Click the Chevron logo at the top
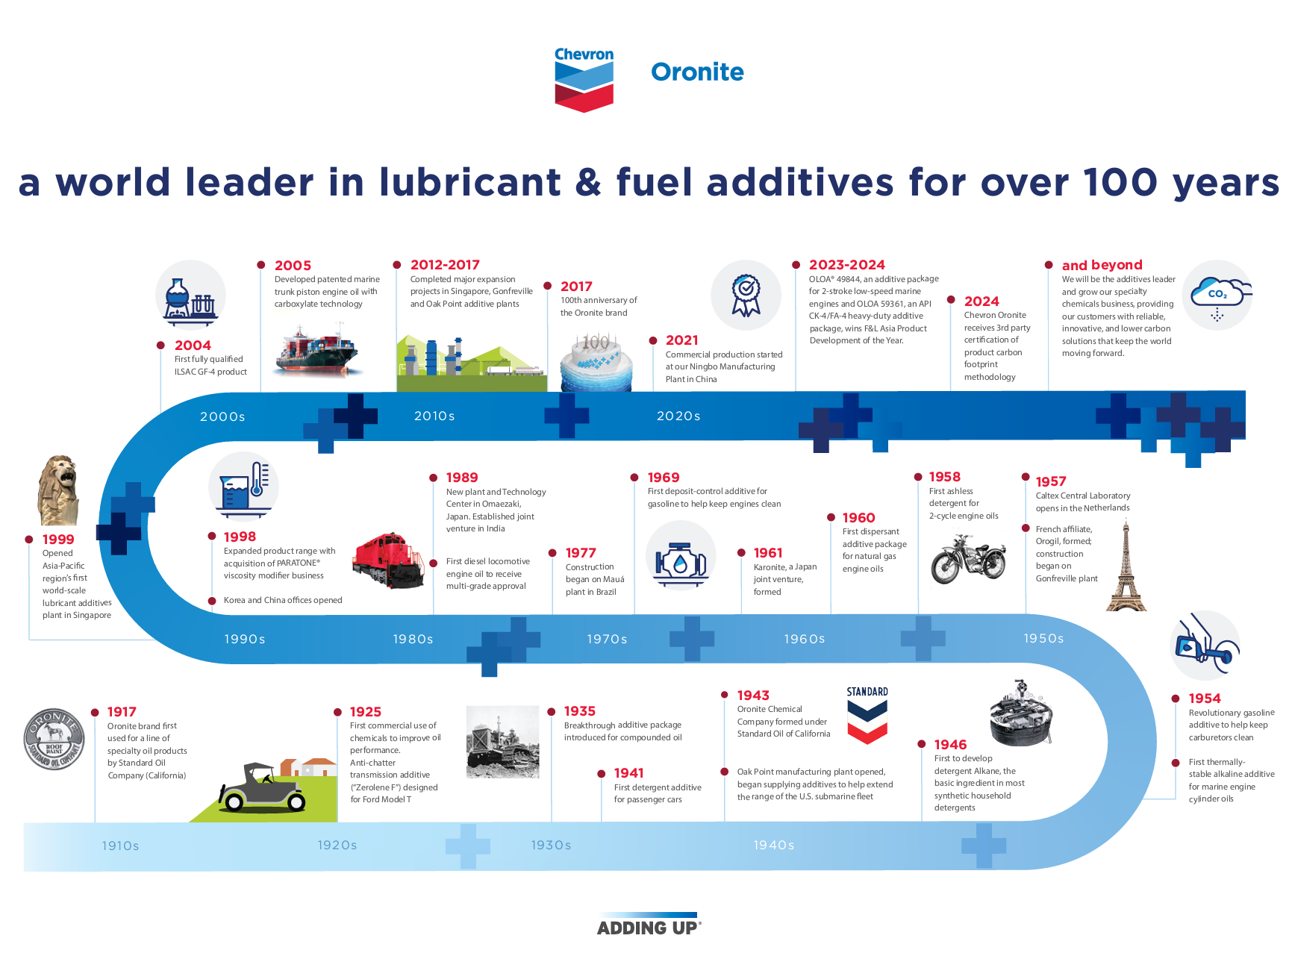[584, 80]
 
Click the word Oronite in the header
[697, 72]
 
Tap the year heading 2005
[293, 266]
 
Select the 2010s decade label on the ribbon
[434, 416]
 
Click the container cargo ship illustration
[317, 350]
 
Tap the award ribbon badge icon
[746, 296]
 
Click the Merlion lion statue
[59, 490]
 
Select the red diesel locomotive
[389, 560]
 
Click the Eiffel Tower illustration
[1126, 568]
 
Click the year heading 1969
[663, 478]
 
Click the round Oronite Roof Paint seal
[54, 739]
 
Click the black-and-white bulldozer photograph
[502, 742]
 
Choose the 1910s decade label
[120, 846]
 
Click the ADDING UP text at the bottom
[648, 928]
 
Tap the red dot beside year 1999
[29, 540]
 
